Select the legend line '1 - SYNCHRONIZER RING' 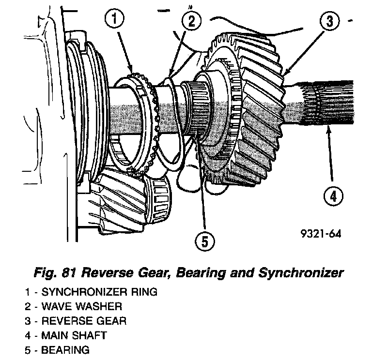[x=93, y=292]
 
